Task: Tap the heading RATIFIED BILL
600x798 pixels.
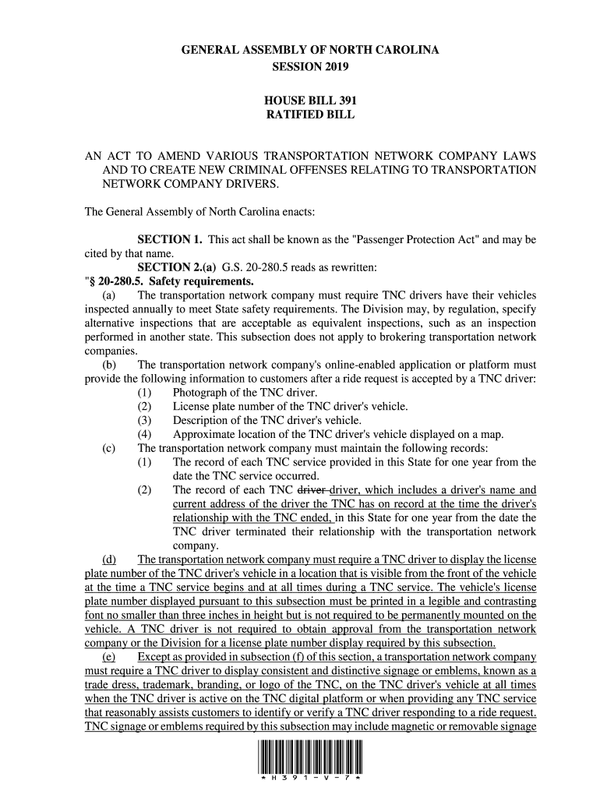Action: point(310,115)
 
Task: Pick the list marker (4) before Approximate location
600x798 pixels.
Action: point(144,434)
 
